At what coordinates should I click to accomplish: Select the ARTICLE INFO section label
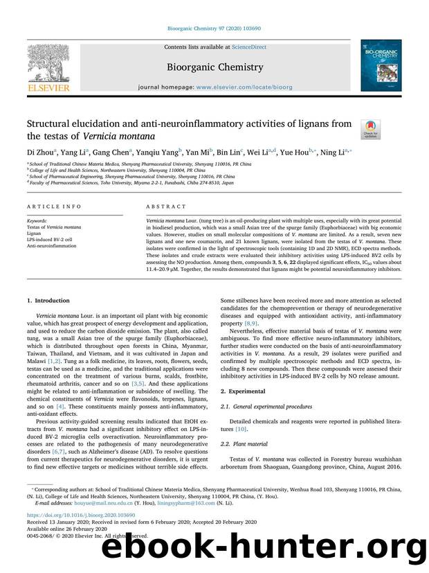pos(46,206)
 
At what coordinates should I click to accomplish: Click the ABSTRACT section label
pos(166,206)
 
